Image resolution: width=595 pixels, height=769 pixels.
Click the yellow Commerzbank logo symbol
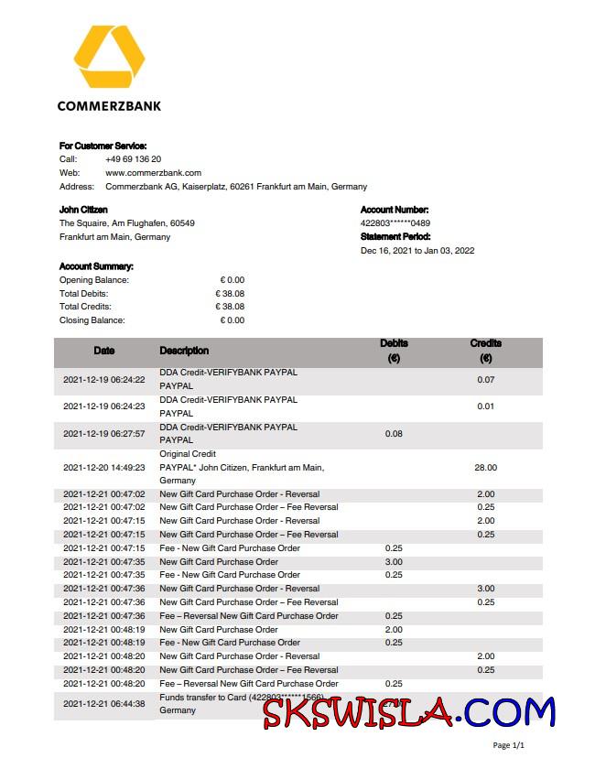(x=109, y=59)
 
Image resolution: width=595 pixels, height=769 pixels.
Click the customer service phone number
(x=134, y=159)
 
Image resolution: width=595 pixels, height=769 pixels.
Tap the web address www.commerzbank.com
(x=153, y=173)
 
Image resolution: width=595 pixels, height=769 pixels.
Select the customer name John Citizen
(x=83, y=210)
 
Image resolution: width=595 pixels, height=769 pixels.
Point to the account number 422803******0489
(x=395, y=223)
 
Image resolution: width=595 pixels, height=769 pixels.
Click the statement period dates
(x=417, y=251)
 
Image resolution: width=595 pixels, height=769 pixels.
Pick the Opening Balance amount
(x=232, y=280)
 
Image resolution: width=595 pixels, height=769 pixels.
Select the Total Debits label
(x=83, y=294)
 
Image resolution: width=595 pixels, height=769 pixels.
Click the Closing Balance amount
(x=232, y=320)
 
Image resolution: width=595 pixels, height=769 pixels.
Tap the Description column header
(x=184, y=351)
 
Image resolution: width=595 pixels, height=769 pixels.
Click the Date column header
(x=104, y=351)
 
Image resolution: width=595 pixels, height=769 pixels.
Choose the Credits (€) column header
(x=485, y=351)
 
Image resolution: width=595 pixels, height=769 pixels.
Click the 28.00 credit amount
(x=485, y=468)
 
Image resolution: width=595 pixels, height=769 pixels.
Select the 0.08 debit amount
(x=394, y=434)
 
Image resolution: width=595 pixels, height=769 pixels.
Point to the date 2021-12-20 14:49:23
(x=104, y=468)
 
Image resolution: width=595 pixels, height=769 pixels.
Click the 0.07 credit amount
(x=485, y=380)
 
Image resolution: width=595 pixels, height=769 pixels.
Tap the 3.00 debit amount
(x=394, y=562)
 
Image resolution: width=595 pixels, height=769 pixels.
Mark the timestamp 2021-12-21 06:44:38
(x=104, y=704)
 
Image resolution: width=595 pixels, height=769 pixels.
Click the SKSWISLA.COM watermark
(x=409, y=712)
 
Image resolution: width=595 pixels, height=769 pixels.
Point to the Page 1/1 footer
(x=508, y=746)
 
